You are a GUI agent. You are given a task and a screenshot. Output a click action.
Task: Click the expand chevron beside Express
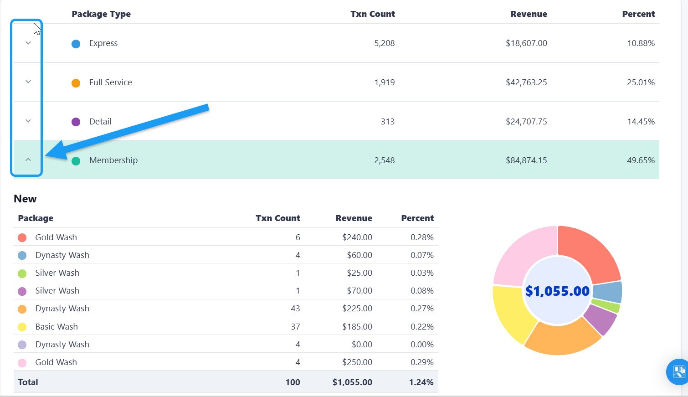[x=28, y=43]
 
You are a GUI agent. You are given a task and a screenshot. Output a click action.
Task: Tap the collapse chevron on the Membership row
[x=28, y=160]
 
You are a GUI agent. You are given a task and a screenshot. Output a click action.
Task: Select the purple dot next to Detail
[x=76, y=122]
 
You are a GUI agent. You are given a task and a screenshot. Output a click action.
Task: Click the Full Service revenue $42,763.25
[x=526, y=82]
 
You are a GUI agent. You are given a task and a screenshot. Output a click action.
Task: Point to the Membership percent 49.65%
[x=641, y=160]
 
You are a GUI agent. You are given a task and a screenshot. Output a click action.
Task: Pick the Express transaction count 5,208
[x=385, y=43]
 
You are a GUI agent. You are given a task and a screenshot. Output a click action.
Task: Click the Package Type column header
[x=101, y=14]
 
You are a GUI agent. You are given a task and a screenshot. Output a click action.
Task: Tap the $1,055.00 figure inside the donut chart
[x=557, y=291]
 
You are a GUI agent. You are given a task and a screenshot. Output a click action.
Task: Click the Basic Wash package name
[x=56, y=327]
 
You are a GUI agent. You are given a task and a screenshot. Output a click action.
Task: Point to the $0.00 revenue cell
[x=362, y=345]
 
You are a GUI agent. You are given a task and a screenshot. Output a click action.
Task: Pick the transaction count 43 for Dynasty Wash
[x=295, y=309]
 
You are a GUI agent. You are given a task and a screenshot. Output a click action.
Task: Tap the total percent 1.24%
[x=421, y=382]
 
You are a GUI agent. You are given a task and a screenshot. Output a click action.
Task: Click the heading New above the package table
[x=25, y=199]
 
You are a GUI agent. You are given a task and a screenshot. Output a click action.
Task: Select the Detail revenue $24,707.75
[x=526, y=122]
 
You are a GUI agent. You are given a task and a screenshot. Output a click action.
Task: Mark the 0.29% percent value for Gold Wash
[x=422, y=362]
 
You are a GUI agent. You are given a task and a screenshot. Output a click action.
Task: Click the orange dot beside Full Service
[x=76, y=83]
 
